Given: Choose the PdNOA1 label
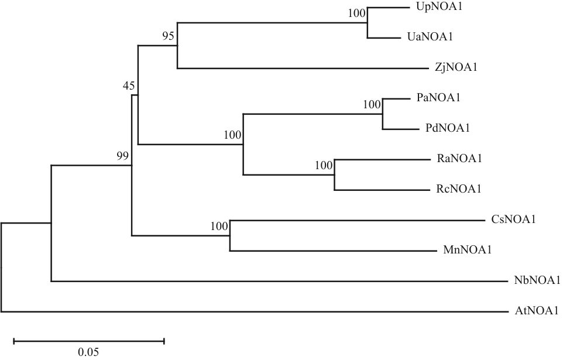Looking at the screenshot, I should point(449,128).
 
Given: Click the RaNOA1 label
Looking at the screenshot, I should point(458,159).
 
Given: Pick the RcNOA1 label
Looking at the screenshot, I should point(458,189).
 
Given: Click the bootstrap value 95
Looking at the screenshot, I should point(169,37).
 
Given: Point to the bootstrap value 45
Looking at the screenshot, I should point(129,86).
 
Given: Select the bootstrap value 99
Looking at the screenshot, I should point(122,156).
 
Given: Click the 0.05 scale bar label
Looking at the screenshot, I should point(88,352).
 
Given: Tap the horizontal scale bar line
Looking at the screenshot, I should point(88,340).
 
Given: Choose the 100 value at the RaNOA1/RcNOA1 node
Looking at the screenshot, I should point(324,165).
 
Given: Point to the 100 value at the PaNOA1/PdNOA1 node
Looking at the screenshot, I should point(372,105).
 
